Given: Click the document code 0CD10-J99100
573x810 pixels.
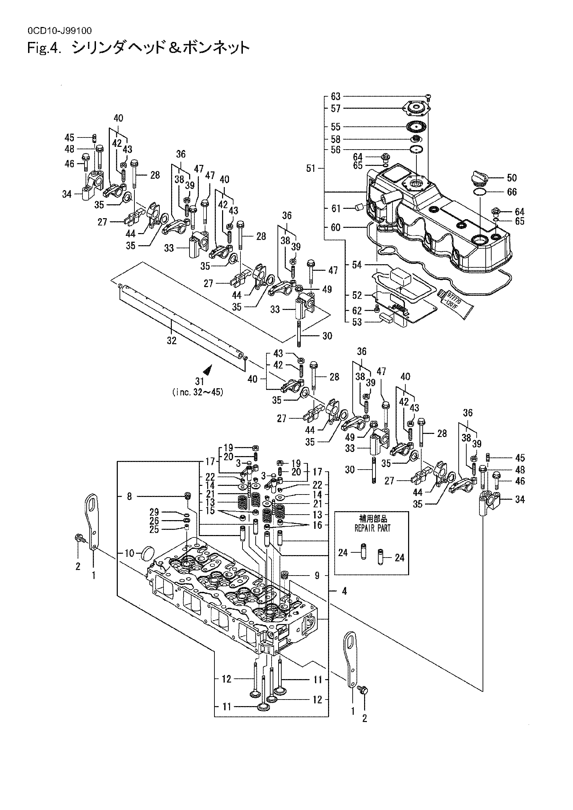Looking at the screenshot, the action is (59, 31).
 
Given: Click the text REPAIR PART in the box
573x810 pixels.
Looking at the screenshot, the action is (372, 528).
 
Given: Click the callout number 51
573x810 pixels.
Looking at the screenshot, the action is (311, 169).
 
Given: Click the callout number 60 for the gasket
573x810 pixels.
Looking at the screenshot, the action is (336, 228).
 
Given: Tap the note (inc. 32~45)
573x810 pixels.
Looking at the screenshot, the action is (197, 392).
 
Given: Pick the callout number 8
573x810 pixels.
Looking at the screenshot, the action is (130, 496).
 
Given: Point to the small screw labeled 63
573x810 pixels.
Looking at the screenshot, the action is (428, 97).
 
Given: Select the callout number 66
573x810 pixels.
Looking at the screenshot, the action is (512, 192).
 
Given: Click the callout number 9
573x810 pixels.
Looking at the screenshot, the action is (317, 576).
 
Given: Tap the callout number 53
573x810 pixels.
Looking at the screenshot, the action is (357, 322).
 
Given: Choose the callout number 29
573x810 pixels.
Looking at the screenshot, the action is (154, 512).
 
